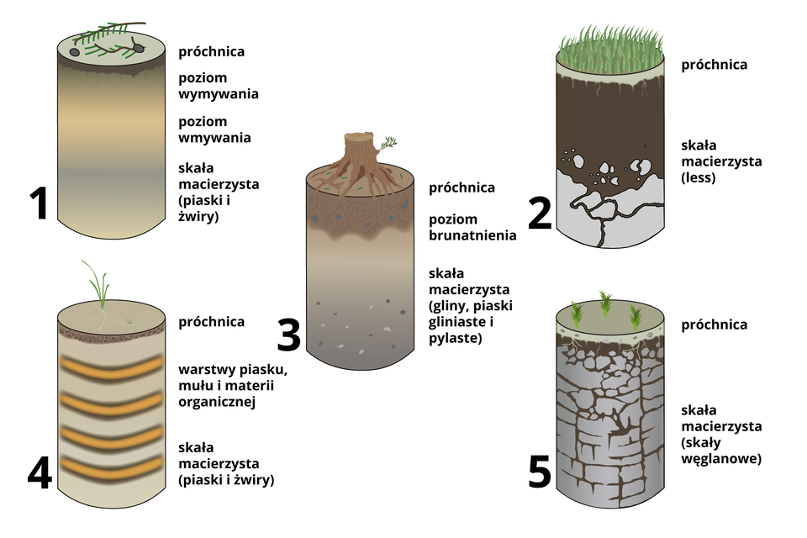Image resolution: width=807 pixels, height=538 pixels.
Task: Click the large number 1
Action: pos(38,204)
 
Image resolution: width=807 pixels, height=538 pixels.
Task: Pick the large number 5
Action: pos(540,472)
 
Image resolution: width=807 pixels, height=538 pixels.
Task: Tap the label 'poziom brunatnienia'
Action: pos(472,227)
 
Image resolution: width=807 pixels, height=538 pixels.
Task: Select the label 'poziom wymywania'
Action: pos(218,85)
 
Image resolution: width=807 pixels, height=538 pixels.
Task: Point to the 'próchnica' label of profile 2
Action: pos(714,65)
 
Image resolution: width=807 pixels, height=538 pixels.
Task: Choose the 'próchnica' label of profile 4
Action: pos(211,321)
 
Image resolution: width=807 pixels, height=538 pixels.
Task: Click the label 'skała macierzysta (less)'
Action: pos(720,161)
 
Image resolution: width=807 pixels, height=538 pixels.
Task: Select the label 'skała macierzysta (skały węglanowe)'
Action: pos(720,435)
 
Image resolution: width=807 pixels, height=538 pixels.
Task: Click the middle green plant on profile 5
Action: pos(605,304)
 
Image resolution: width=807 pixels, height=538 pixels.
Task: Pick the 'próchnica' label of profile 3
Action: pos(462,187)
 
